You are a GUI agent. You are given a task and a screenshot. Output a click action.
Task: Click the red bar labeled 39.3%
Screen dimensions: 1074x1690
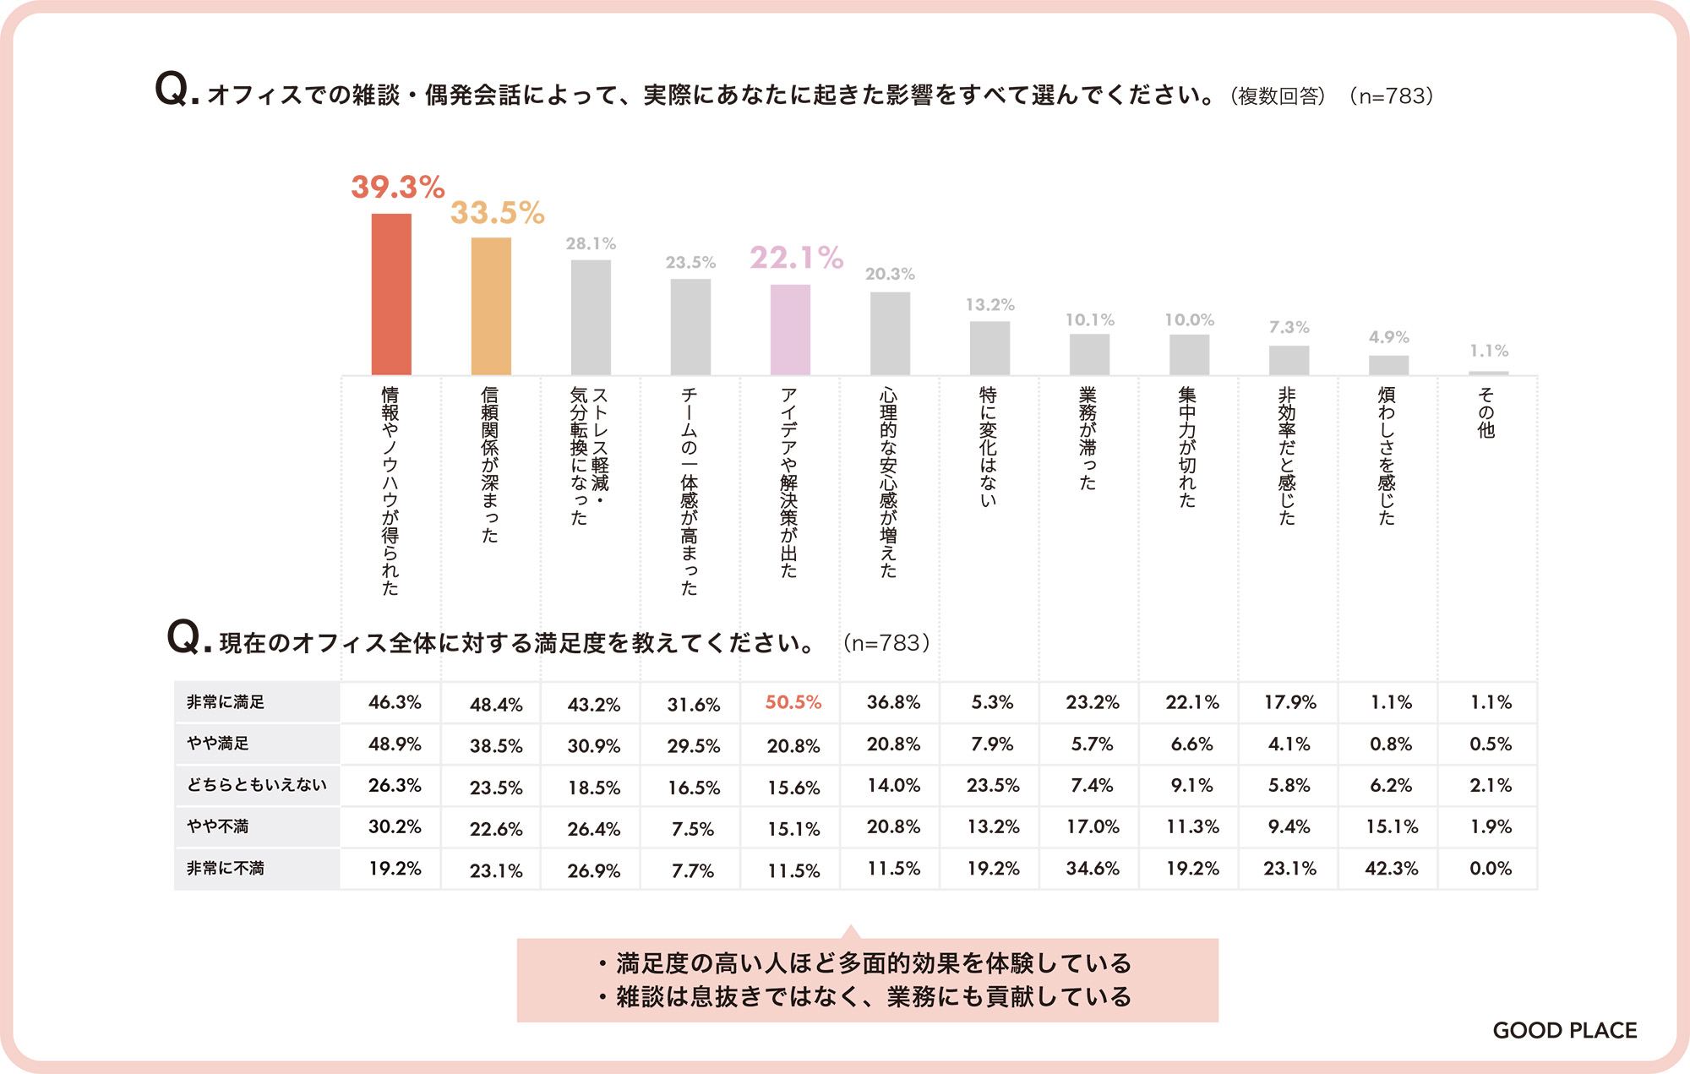click(391, 294)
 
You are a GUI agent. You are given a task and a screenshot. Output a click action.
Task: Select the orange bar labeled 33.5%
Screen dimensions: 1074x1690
click(491, 306)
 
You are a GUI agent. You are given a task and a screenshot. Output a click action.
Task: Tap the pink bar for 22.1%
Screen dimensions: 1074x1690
click(790, 330)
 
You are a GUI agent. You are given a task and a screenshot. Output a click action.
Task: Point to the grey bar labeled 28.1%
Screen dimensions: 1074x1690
click(591, 317)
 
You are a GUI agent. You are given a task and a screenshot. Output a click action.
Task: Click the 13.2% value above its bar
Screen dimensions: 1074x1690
click(989, 305)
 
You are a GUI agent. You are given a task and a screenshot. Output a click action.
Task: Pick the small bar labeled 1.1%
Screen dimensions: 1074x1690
click(1488, 373)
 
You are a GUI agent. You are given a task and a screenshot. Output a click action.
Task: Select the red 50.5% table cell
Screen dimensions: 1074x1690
click(793, 702)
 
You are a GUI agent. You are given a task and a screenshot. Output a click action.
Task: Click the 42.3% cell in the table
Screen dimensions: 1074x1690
click(1391, 869)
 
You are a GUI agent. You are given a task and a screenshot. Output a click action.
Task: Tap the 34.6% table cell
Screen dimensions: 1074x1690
click(1092, 869)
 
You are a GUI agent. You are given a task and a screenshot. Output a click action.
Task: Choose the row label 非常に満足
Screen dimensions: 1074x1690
click(226, 702)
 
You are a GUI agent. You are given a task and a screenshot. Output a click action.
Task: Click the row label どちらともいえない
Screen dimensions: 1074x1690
click(256, 785)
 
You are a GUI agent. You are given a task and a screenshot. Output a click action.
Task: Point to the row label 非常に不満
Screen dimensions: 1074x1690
click(226, 869)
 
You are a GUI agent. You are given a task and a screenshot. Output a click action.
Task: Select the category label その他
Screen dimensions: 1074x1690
click(1486, 412)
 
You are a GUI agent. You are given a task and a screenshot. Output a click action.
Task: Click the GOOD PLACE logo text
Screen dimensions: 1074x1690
click(1564, 1030)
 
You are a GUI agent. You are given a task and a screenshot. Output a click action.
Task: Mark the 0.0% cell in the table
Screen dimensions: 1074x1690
click(1491, 869)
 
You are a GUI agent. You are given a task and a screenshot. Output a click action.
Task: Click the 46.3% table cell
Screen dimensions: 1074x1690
click(395, 702)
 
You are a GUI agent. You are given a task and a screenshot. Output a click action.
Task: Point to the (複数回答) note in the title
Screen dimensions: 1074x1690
click(1278, 96)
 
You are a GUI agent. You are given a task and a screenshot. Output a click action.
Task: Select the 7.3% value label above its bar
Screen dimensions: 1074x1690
click(1289, 327)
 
